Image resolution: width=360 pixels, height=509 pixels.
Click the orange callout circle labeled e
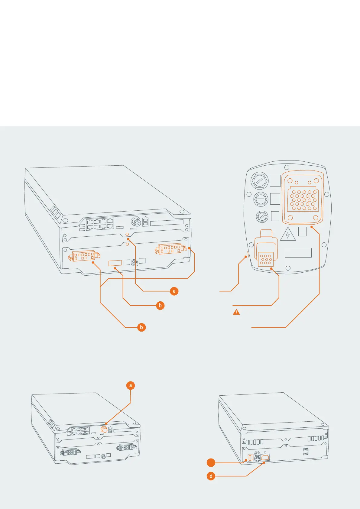point(174,291)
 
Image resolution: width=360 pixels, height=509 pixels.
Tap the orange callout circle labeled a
point(131,385)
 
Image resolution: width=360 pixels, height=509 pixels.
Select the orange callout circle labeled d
point(211,476)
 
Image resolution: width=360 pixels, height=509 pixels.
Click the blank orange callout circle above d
point(211,462)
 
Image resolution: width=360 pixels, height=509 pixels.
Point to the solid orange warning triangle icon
point(236,312)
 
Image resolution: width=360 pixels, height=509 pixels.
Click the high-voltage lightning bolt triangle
point(288,235)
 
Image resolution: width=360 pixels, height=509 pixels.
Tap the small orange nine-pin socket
point(266,259)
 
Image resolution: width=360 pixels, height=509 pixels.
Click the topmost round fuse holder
point(260,181)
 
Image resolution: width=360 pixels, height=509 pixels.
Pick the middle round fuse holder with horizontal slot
point(261,199)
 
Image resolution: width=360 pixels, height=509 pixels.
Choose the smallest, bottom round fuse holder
point(262,216)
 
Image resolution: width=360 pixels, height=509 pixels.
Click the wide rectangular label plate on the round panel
point(298,252)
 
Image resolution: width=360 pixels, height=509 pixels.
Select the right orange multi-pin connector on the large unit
point(170,249)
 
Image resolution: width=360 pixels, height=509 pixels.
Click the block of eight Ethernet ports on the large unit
point(100,224)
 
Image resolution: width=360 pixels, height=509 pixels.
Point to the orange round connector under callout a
point(104,430)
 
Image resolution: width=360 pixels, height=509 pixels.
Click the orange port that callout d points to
point(265,457)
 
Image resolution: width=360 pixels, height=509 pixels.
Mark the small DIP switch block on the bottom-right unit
point(306,452)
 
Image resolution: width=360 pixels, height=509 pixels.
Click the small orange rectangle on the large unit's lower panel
point(115,263)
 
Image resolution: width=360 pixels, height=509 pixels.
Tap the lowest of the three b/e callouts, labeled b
point(141,327)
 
